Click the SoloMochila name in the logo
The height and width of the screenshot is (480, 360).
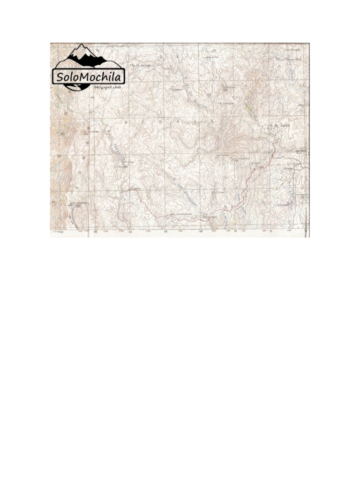pyautogui.click(x=88, y=76)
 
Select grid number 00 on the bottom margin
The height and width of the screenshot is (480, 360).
pyautogui.click(x=60, y=232)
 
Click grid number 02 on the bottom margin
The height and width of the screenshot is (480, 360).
pyautogui.click(x=95, y=232)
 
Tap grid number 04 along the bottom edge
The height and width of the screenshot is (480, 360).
pyautogui.click(x=130, y=232)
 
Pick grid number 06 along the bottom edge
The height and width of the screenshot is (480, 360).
pyautogui.click(x=165, y=232)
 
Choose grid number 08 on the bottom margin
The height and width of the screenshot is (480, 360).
pyautogui.click(x=201, y=232)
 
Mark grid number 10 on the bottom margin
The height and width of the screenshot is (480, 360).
pyautogui.click(x=235, y=232)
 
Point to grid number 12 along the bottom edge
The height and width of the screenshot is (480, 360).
pyautogui.click(x=270, y=232)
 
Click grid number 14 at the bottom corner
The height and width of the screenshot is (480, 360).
pyautogui.click(x=306, y=232)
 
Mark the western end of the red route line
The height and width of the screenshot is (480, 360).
pyautogui.click(x=128, y=190)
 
